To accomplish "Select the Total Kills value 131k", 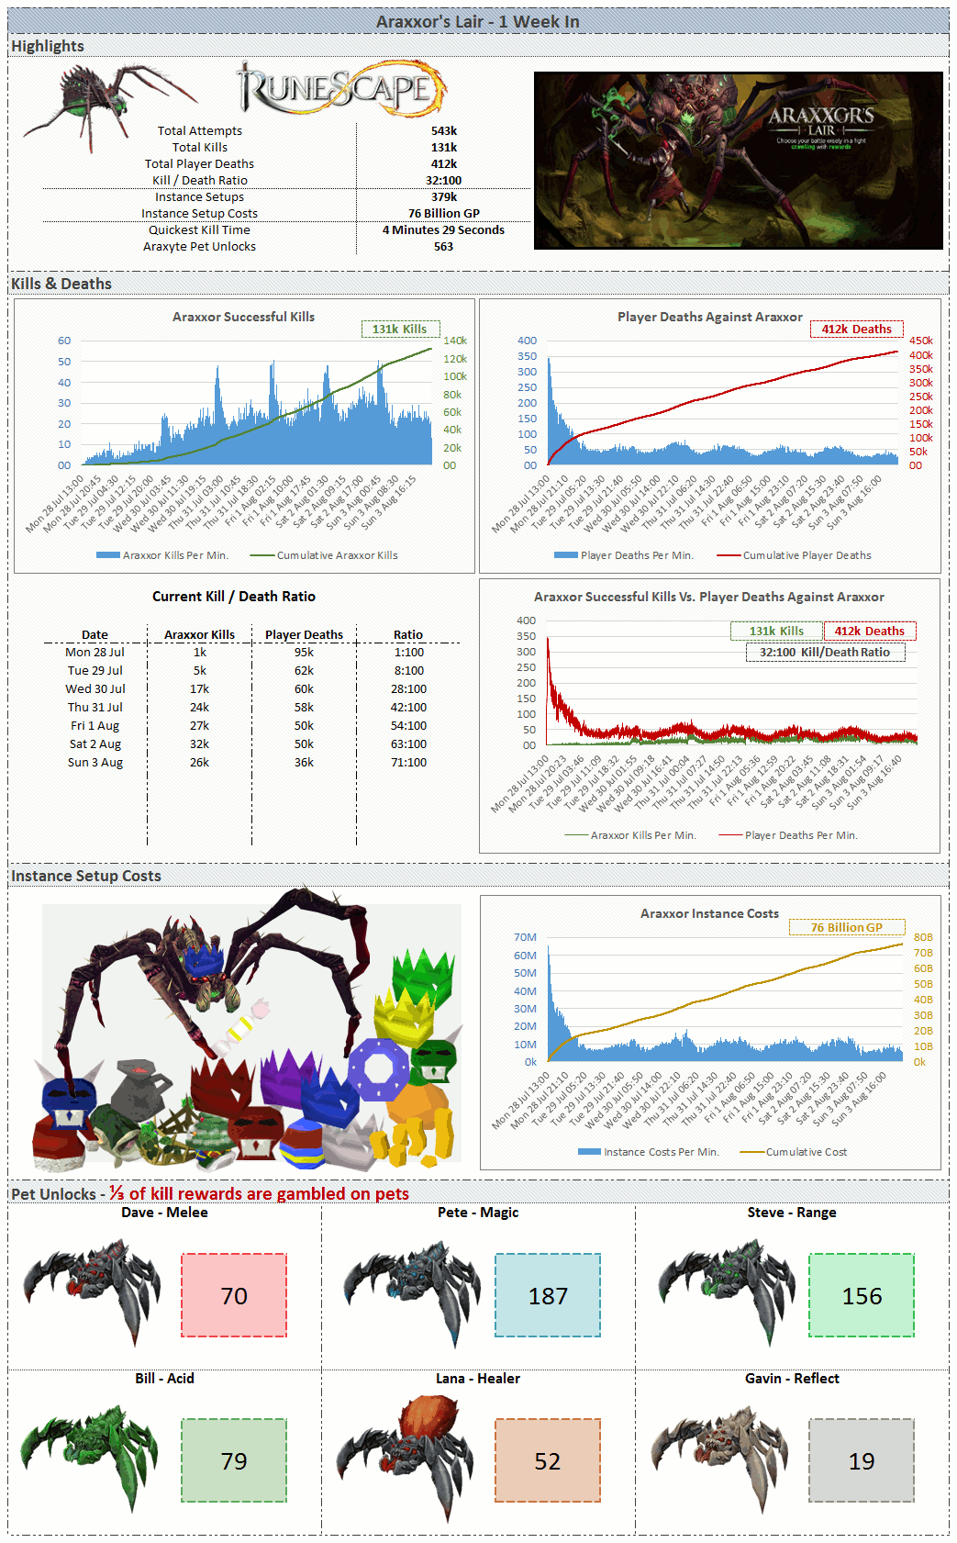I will [443, 148].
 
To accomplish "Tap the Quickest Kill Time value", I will [443, 230].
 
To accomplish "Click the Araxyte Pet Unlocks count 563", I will [443, 247].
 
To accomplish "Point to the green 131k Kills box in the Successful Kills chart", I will [400, 329].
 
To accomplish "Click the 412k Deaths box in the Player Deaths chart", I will [856, 329].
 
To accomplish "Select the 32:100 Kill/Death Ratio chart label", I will [825, 653].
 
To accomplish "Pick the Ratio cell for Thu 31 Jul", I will [408, 708].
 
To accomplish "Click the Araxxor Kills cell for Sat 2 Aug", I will [199, 744].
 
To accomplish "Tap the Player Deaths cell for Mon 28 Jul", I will [304, 653].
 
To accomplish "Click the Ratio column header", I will [408, 634].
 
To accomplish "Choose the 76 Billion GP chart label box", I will [846, 928].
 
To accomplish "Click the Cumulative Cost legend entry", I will [806, 1152].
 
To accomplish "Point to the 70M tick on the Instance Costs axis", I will [525, 937].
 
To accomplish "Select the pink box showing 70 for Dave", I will [234, 1295].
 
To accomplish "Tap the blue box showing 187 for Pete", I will [548, 1295].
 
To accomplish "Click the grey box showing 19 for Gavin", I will [862, 1460].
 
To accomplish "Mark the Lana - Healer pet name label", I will [478, 1379].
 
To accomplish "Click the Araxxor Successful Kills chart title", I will [243, 317].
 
